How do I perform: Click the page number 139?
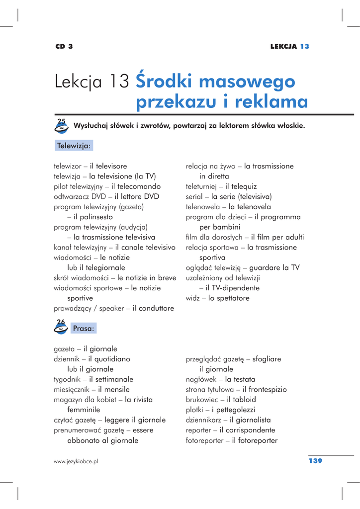pos(315,461)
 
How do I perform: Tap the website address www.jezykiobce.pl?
pos(76,461)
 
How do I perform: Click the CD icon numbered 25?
pos(61,126)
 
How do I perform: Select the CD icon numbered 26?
pos(61,327)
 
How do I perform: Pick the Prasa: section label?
pos(83,329)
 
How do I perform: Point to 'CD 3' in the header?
pos(64,46)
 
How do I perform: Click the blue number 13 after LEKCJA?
pos(304,46)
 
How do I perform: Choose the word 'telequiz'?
pos(241,186)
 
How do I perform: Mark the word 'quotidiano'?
pos(109,359)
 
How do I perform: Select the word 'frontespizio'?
pos(265,389)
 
